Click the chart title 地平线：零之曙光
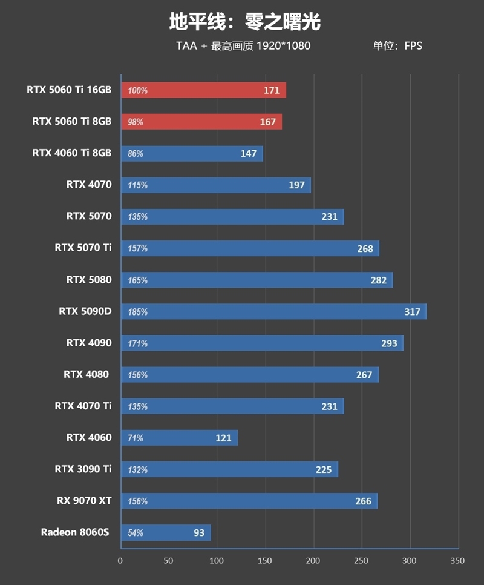[244, 22]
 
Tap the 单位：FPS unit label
[397, 46]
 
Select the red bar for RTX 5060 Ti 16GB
[203, 90]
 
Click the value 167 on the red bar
[267, 122]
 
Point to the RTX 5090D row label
[85, 311]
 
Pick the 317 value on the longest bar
[412, 312]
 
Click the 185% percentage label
[137, 312]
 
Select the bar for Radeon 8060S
[166, 533]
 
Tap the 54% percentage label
[136, 533]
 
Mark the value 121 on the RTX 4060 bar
[223, 438]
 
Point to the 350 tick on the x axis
[458, 561]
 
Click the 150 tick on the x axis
[265, 561]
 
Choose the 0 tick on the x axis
[120, 561]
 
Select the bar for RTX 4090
[262, 343]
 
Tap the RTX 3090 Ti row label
[83, 469]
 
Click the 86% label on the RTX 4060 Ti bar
[136, 154]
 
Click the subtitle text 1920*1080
[283, 46]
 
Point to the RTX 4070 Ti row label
[83, 406]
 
